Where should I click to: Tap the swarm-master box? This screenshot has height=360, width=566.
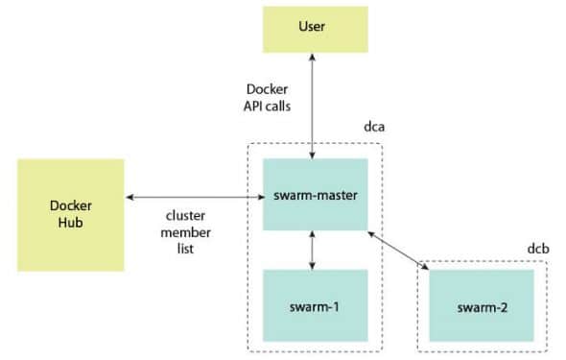[x=315, y=195]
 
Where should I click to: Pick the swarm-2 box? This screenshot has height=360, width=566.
[x=481, y=307]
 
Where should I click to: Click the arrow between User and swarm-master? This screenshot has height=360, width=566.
[x=315, y=106]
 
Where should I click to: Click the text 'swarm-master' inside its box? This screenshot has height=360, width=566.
[x=315, y=195]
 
